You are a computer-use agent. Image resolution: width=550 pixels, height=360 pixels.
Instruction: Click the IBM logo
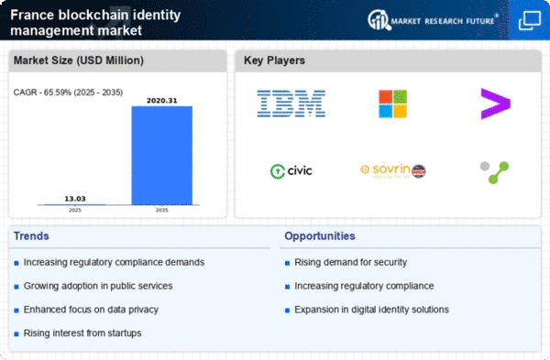click(x=291, y=104)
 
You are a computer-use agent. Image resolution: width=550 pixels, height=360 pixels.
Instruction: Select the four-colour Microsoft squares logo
click(x=393, y=104)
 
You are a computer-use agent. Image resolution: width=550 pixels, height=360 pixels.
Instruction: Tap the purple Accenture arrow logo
click(x=495, y=104)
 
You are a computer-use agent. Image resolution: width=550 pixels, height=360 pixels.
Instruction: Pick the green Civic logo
click(x=291, y=170)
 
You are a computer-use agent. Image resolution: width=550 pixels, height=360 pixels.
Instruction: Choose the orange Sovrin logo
click(x=393, y=170)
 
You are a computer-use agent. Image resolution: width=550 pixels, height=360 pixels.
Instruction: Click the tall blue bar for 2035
click(x=161, y=156)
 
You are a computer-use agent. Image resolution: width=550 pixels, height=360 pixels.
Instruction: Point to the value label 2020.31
click(x=161, y=99)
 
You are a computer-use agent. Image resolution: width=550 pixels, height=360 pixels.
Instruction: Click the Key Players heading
click(x=274, y=61)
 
